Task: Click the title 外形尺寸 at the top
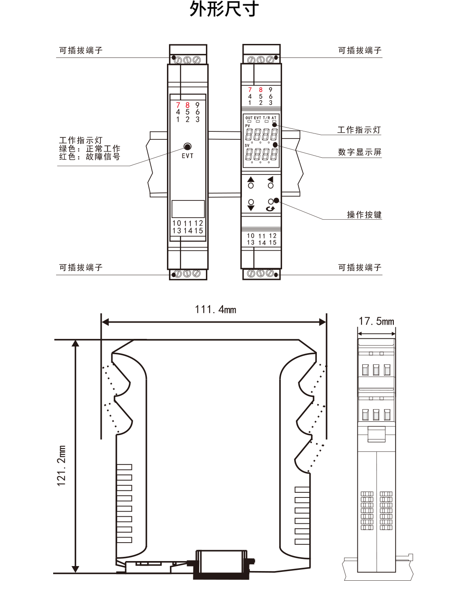(224, 9)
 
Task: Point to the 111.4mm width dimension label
(215, 310)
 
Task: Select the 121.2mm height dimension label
(62, 466)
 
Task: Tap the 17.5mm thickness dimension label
(376, 321)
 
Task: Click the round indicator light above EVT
(187, 147)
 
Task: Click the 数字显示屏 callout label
(360, 152)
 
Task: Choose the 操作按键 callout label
(364, 215)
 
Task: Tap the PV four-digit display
(261, 135)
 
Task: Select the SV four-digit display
(261, 154)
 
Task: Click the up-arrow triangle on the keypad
(251, 179)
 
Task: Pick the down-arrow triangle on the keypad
(251, 208)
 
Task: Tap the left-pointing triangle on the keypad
(270, 179)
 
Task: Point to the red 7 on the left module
(178, 105)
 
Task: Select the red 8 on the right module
(260, 90)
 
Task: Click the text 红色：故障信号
(90, 157)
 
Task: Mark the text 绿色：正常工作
(90, 149)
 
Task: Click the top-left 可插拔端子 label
(81, 51)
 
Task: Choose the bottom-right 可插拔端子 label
(360, 267)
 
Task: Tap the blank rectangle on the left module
(188, 209)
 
